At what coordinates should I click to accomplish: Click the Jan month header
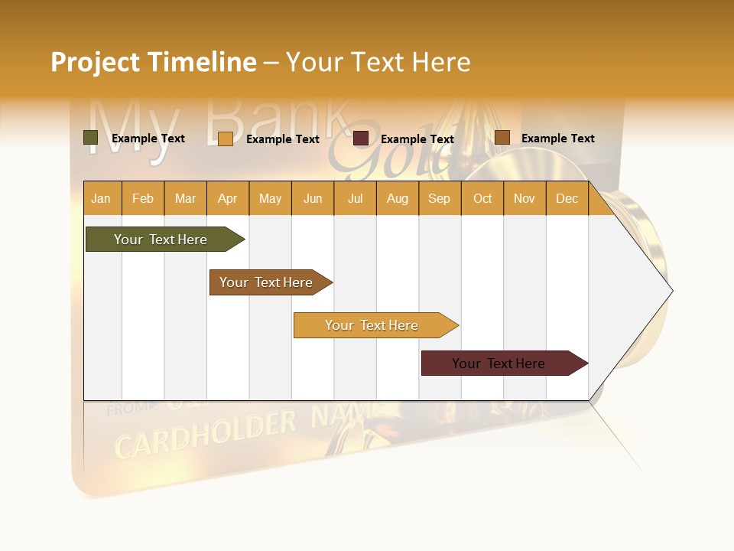click(101, 199)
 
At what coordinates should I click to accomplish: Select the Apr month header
click(227, 199)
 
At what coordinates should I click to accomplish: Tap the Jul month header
click(355, 199)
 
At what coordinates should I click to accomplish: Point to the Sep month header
click(439, 199)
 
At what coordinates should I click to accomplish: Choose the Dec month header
click(567, 199)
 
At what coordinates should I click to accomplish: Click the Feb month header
click(143, 199)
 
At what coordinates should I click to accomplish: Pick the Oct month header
click(482, 199)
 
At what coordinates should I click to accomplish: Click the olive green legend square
click(91, 138)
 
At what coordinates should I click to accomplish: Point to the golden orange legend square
click(226, 139)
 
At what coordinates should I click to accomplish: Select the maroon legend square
click(361, 139)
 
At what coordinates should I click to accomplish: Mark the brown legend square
click(502, 138)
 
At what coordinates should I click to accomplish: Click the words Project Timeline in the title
click(154, 62)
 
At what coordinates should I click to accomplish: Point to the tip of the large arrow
click(671, 291)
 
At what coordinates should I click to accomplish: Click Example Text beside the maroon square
click(417, 139)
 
